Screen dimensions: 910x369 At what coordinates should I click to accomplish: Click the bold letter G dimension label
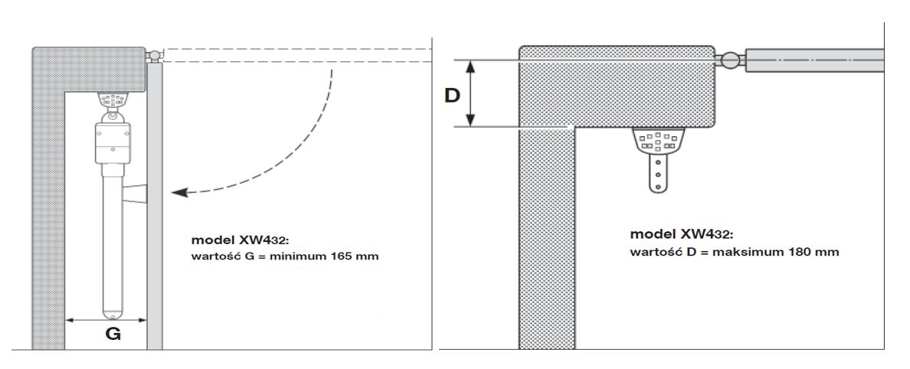pos(113,335)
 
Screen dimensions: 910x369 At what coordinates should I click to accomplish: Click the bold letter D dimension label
pos(452,95)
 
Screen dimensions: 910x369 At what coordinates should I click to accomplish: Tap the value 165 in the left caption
pos(341,256)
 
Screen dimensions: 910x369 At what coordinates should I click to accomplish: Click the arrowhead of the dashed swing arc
pos(179,193)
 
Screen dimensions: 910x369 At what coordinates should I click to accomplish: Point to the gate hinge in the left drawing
pos(155,56)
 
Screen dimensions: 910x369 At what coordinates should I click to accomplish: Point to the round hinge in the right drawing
pos(731,60)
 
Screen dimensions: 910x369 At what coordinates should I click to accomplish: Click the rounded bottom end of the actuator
pos(110,313)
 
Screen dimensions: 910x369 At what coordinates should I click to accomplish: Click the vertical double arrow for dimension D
pos(470,93)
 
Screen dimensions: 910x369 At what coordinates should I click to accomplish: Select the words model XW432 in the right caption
pos(681,234)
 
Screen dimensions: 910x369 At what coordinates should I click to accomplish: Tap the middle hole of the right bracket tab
pos(658,174)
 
